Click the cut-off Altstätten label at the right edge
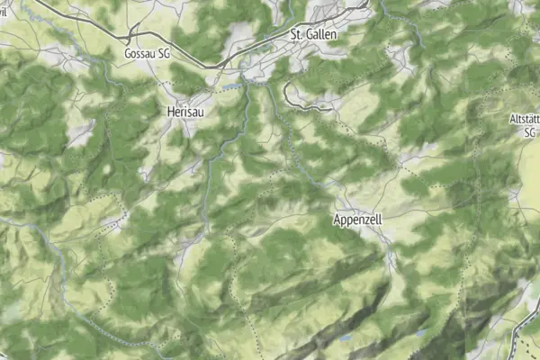coord(525,119)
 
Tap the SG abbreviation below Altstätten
coord(530,131)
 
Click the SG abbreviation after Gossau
coord(164,54)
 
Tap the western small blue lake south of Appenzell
coord(346,338)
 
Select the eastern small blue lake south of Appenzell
coord(419,332)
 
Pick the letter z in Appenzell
coord(370,220)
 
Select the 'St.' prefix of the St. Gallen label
coord(295,33)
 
